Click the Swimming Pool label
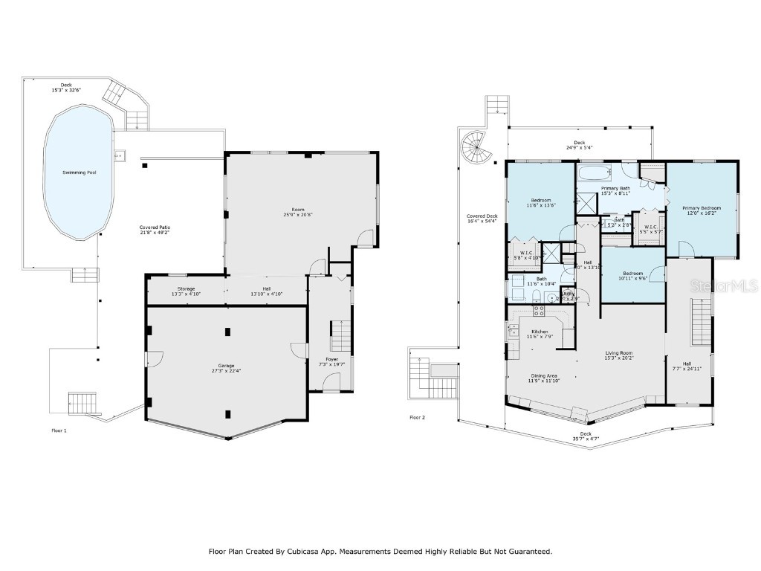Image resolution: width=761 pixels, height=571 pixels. [80, 172]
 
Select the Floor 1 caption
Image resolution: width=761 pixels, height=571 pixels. [59, 430]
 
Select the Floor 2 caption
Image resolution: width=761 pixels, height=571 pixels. [418, 418]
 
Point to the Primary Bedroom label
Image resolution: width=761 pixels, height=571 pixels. [702, 207]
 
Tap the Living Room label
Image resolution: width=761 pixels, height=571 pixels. [619, 353]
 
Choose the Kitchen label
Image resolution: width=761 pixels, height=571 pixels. [540, 332]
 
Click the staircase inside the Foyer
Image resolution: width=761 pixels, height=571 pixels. [340, 336]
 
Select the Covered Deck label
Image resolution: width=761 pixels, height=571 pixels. [482, 216]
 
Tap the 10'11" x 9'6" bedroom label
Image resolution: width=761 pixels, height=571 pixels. [633, 277]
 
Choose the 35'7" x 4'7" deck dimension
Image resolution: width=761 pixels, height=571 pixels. [586, 439]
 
